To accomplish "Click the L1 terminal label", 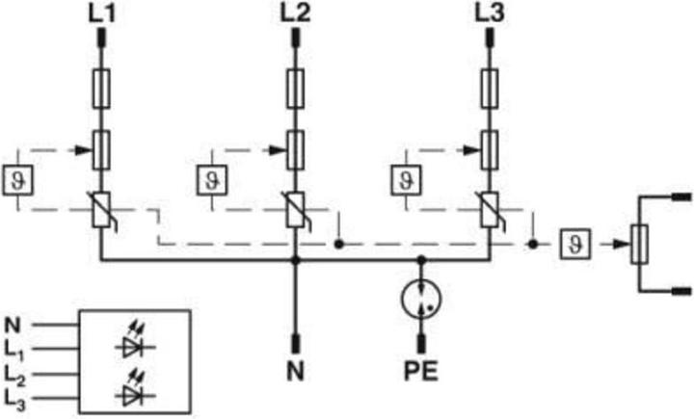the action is [x=102, y=13].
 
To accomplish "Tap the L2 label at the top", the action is [x=295, y=13].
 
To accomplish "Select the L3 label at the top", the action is [x=489, y=13].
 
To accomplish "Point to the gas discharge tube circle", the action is [x=421, y=300].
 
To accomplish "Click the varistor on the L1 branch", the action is [x=102, y=210].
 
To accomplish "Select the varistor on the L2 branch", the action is [x=295, y=210].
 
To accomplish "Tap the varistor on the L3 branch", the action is [x=489, y=210].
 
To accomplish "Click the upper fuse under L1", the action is [x=102, y=89].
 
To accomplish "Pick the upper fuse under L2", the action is [x=295, y=89].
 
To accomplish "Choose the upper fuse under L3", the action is [x=489, y=89].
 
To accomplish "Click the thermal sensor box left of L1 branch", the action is [x=17, y=180].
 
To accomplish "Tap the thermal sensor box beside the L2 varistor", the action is [x=212, y=180].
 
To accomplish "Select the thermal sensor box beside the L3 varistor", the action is [x=406, y=180].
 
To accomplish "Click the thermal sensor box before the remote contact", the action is [x=574, y=244].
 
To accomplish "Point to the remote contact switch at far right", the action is [x=640, y=244].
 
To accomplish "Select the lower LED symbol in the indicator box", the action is [x=135, y=388].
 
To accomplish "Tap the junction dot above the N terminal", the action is [x=296, y=261].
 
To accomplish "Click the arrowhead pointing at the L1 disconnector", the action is [x=83, y=150].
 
